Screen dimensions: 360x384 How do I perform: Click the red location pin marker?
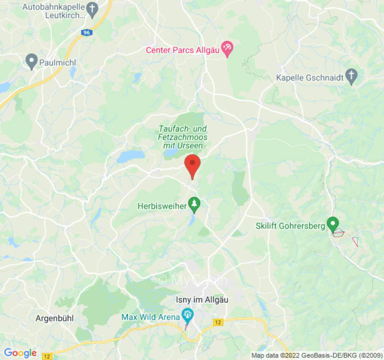click(x=193, y=165)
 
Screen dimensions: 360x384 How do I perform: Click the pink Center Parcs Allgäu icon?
click(x=227, y=49)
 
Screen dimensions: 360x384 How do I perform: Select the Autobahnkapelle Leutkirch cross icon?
click(x=92, y=9)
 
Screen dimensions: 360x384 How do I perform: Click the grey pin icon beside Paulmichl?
click(x=32, y=61)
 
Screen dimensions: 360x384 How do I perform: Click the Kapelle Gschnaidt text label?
click(x=309, y=78)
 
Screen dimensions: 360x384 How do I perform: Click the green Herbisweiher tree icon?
click(x=194, y=205)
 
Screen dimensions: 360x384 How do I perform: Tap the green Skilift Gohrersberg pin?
click(x=333, y=224)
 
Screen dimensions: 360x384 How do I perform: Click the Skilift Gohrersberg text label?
click(x=290, y=226)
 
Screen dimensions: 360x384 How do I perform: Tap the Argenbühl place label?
click(x=54, y=318)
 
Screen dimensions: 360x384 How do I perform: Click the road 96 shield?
click(x=86, y=32)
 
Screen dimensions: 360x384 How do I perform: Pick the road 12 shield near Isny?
click(x=218, y=322)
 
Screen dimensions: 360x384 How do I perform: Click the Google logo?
click(x=20, y=353)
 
